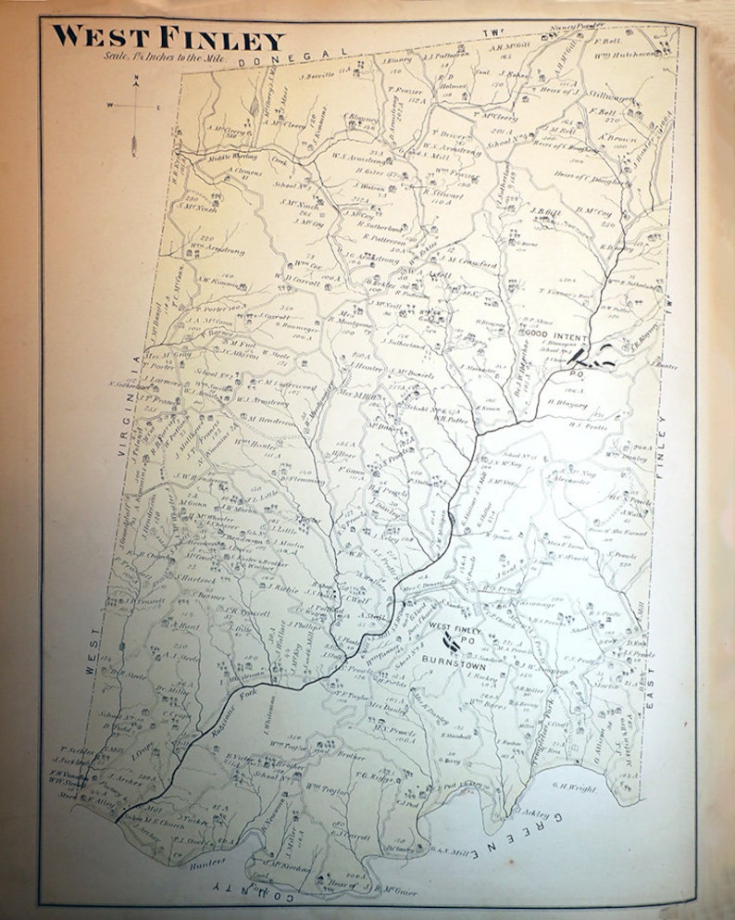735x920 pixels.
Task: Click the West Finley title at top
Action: [x=168, y=39]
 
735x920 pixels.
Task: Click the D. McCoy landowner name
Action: [x=595, y=211]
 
